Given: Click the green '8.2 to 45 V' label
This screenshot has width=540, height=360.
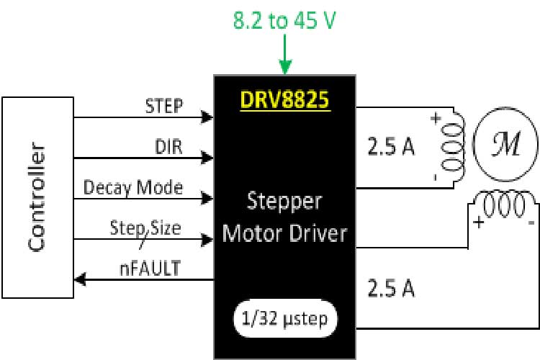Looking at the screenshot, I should pos(284,21).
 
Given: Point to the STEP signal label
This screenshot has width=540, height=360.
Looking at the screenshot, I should pos(163,106).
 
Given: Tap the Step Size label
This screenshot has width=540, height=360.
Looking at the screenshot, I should pos(145,228).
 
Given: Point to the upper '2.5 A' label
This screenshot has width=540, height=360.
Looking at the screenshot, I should pos(391,149).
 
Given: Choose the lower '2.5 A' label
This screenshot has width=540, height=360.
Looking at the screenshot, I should pos(391,288).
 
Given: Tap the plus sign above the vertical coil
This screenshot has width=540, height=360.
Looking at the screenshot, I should pos(435,120).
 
